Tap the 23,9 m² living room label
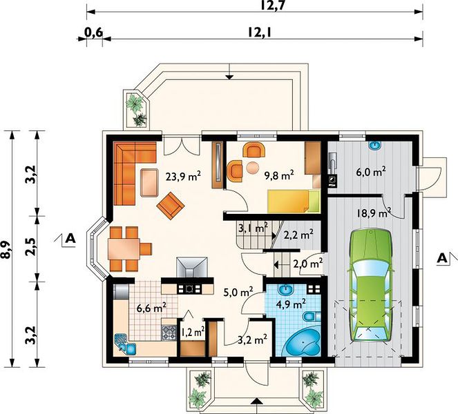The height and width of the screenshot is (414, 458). click(x=183, y=177)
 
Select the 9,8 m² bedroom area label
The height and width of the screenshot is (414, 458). click(x=278, y=175)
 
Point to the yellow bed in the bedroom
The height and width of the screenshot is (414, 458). click(x=294, y=201)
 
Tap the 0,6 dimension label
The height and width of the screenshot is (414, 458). click(x=94, y=32)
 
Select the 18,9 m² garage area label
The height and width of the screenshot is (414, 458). click(x=374, y=213)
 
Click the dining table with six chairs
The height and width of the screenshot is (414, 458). click(x=128, y=249)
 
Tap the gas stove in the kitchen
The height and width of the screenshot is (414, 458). click(x=169, y=333)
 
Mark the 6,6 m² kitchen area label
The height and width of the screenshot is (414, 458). click(x=152, y=308)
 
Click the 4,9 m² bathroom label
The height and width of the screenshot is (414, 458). click(x=292, y=304)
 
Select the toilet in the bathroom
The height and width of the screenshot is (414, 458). click(x=312, y=316)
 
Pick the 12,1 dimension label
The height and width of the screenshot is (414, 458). click(x=260, y=32)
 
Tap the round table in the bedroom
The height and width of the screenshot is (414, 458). click(x=252, y=168)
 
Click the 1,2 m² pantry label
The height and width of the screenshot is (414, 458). click(x=193, y=332)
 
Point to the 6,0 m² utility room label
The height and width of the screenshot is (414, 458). click(x=371, y=172)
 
